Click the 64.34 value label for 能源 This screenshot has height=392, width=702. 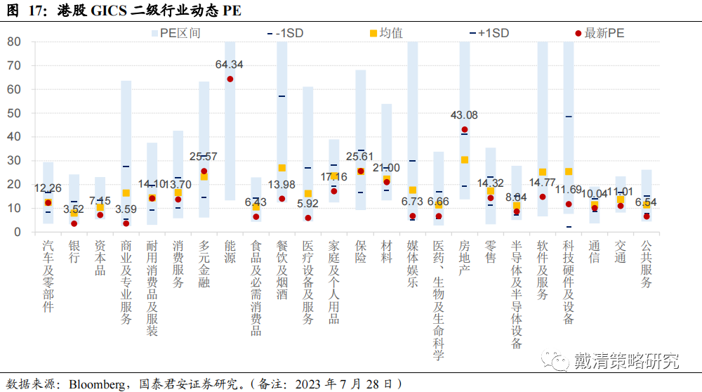click(x=230, y=65)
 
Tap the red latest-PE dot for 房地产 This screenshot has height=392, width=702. click(x=465, y=130)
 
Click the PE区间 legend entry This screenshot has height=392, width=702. click(x=175, y=33)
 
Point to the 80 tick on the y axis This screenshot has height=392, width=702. click(x=13, y=41)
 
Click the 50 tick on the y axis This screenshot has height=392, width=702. click(x=13, y=113)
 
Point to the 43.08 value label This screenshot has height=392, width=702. click(x=465, y=115)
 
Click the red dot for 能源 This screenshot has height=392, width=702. click(x=230, y=79)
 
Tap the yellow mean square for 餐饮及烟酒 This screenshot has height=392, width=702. click(x=282, y=168)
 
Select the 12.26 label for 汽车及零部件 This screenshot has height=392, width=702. click(x=48, y=188)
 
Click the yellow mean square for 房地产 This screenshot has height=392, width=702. click(x=465, y=160)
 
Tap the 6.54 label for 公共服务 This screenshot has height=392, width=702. click(x=647, y=202)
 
